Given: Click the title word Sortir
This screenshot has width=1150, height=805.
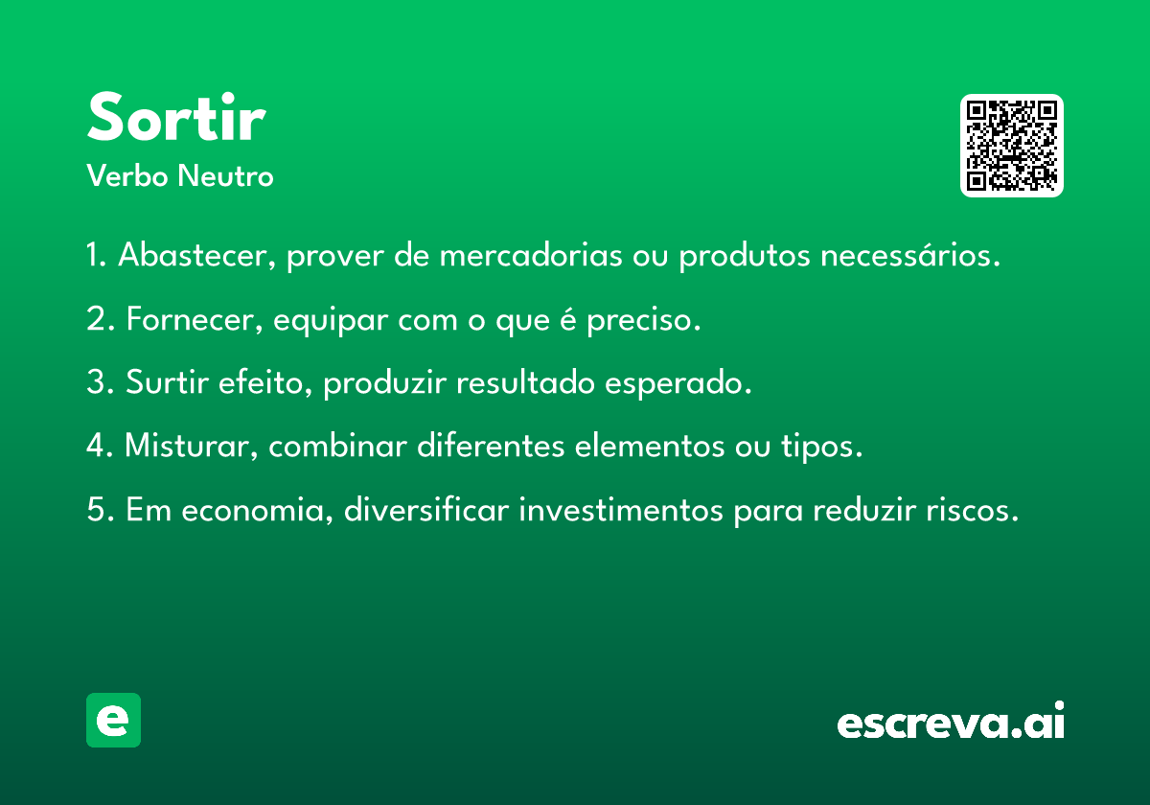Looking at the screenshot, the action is pos(176,117).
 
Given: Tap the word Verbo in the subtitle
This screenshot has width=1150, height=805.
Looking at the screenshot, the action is pos(127,175).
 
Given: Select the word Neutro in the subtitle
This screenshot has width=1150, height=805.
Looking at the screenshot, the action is pos(225,175).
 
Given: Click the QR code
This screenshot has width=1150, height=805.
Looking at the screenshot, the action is pos(1011,146).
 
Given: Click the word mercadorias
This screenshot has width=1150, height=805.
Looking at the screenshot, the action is pos(531,255).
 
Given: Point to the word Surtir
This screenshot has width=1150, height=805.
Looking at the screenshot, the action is pos(167,382).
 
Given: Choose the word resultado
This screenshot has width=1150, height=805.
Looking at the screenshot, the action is pos(526,382).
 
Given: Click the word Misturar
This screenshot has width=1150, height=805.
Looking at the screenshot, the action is pos(191,446).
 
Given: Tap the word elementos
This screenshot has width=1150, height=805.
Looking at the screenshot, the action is pos(650,446).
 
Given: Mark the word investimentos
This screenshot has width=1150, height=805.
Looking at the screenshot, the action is pos(621,509).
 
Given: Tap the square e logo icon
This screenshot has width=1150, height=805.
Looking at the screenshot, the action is pos(113,720).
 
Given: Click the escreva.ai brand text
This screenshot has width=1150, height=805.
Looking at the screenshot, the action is pos(951,721).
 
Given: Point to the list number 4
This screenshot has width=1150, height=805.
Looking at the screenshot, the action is pos(96,445).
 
